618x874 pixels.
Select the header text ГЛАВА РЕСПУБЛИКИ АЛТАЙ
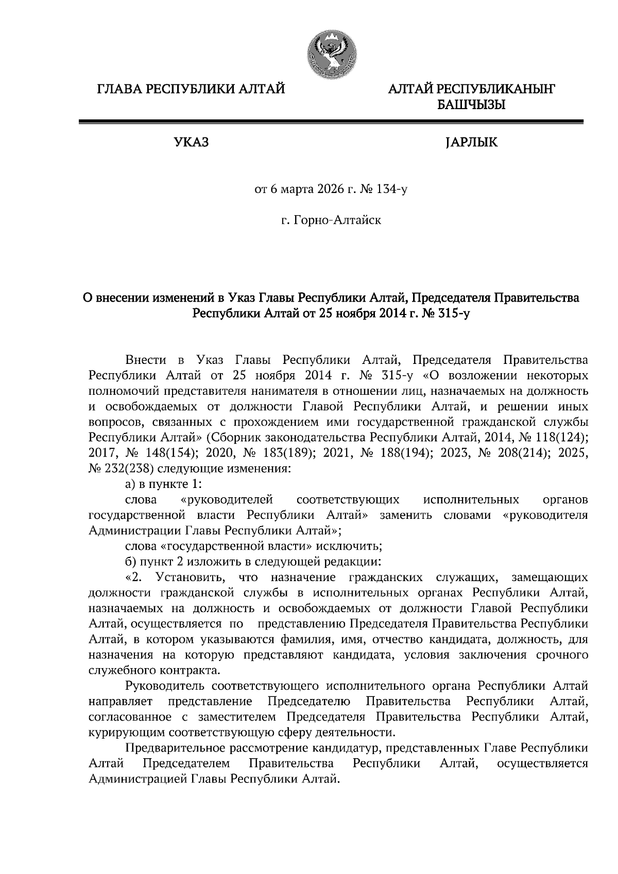(191, 89)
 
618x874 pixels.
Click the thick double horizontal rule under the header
(331, 122)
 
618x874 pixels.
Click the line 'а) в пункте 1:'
(163, 484)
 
